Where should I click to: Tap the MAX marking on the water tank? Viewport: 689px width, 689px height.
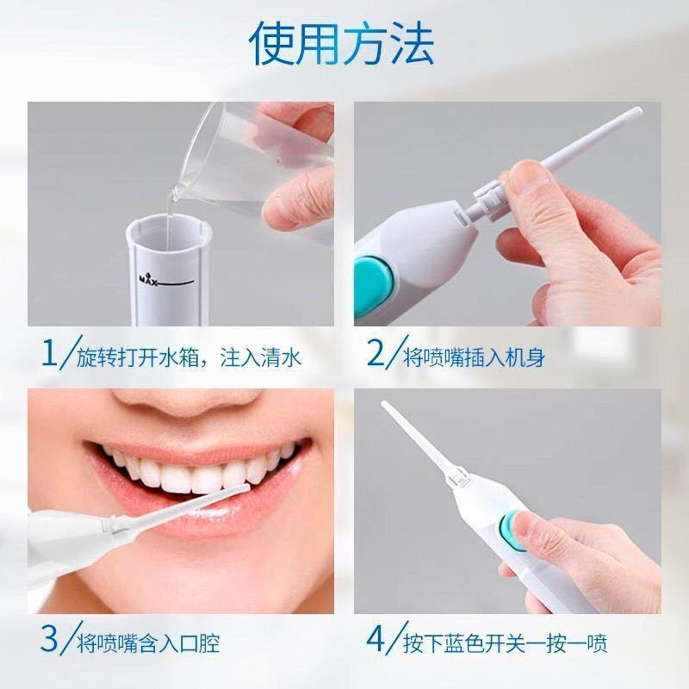(148, 279)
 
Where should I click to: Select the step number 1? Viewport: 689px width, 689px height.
(49, 353)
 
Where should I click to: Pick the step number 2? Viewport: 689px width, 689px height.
(376, 353)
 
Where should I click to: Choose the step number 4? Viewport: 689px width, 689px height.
(376, 640)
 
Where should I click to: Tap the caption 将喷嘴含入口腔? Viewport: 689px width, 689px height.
(148, 643)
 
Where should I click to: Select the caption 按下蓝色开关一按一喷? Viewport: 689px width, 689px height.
(505, 643)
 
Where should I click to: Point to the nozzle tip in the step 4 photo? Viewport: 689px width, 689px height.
(384, 404)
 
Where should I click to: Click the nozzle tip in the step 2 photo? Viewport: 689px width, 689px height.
(636, 112)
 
